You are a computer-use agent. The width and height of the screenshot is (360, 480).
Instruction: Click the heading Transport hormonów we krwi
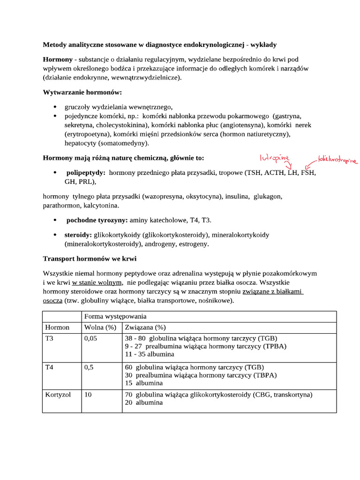click(90, 258)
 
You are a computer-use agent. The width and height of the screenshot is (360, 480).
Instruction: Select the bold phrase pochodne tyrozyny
click(97, 220)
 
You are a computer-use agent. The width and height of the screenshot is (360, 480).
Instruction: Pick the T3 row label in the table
click(49, 338)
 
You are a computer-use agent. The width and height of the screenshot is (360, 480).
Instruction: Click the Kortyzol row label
click(58, 395)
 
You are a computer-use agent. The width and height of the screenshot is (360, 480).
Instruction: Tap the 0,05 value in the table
click(90, 338)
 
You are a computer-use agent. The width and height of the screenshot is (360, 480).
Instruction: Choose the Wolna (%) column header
click(100, 327)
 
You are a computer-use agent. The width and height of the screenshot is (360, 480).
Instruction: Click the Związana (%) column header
click(145, 327)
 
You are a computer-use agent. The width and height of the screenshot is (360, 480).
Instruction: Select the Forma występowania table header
click(115, 316)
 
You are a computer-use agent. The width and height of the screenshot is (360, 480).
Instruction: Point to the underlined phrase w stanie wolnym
click(97, 283)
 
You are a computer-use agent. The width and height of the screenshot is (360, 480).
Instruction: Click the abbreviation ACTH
click(274, 172)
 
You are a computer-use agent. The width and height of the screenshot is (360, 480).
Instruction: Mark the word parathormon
click(61, 205)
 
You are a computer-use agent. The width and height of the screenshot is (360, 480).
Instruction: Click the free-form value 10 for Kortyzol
click(88, 395)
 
